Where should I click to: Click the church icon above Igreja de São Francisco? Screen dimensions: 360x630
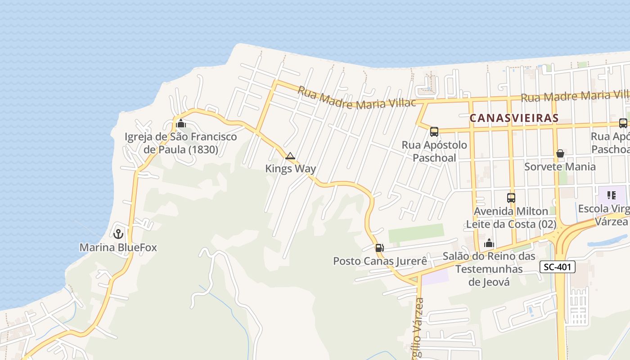click(x=181, y=123)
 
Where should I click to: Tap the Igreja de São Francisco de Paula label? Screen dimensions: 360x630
click(x=180, y=143)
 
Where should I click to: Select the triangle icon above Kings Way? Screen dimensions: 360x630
click(x=290, y=156)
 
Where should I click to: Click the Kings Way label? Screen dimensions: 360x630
click(x=290, y=169)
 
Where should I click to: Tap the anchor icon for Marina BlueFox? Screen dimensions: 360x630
click(x=118, y=234)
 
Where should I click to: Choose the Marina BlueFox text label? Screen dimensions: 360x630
click(x=118, y=247)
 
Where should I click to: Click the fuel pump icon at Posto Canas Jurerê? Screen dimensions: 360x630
click(x=379, y=247)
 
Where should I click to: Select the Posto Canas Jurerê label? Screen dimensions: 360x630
click(x=380, y=261)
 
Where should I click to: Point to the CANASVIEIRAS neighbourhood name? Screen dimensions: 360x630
click(x=513, y=118)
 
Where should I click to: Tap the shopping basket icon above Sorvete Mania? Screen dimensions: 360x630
click(x=560, y=153)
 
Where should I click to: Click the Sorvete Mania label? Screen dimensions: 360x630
click(x=560, y=166)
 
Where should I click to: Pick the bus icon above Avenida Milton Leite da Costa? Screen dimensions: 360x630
click(x=511, y=198)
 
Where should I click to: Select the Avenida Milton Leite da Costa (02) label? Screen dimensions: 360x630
click(x=511, y=217)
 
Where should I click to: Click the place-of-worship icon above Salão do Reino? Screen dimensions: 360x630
click(x=489, y=243)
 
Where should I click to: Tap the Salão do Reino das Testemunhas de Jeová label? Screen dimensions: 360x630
click(x=489, y=269)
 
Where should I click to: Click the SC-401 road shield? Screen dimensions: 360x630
click(x=558, y=267)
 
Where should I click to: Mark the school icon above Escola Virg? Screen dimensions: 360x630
click(x=611, y=195)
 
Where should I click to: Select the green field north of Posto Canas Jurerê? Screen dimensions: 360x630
click(x=416, y=233)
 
